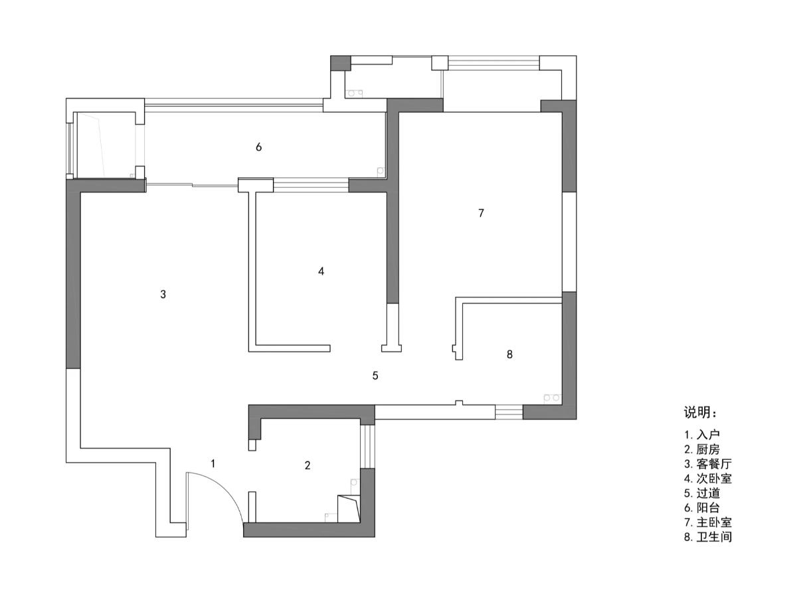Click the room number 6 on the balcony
pos(258,147)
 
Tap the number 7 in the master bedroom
pos(481,213)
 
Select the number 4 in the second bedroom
pos(321,271)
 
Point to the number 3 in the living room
pos(163,294)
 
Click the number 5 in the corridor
pos(375,376)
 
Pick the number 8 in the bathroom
pos(509,354)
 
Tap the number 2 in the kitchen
pos(308,465)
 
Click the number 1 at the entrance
pos(213,463)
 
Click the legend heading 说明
pos(700,413)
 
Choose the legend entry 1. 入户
pos(702,435)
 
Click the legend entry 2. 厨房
pos(702,449)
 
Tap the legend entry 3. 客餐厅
pos(708,464)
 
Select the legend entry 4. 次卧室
pos(708,479)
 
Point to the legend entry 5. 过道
pos(702,493)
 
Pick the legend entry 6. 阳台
pos(702,508)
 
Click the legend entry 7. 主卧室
pos(708,522)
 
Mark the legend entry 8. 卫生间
pos(708,537)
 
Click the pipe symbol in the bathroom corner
pos(552,398)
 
